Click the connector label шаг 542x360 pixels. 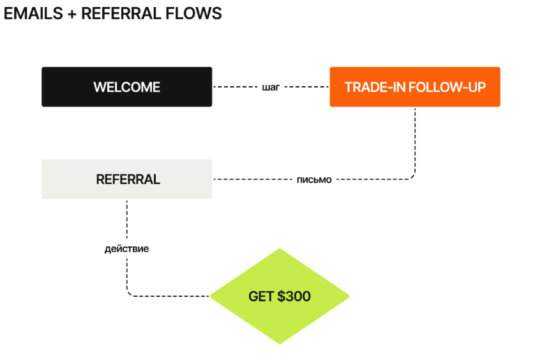(271, 87)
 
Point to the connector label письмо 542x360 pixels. (314, 179)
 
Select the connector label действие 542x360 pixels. (126, 248)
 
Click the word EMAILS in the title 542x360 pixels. (30, 13)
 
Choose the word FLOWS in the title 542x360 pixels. (197, 13)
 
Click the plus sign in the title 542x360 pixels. (70, 13)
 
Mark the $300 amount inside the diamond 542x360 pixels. (294, 296)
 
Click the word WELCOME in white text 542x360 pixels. (126, 87)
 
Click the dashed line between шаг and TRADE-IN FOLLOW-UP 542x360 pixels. (306, 87)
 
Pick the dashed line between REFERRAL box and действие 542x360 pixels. (126, 220)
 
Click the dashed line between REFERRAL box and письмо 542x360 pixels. (252, 179)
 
